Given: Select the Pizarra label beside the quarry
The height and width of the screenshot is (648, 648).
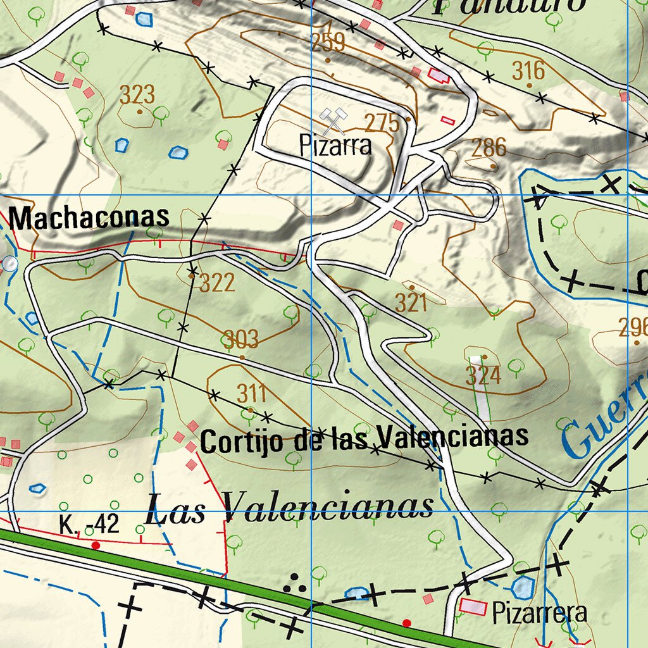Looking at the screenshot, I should pyautogui.click(x=335, y=146).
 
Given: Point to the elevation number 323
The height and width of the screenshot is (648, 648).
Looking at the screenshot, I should pyautogui.click(x=137, y=96).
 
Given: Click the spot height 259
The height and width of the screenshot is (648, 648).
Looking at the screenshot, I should pyautogui.click(x=328, y=43).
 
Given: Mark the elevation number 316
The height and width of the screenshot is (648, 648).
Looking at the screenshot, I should pyautogui.click(x=528, y=70).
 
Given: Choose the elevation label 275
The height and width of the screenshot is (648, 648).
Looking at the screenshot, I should pyautogui.click(x=382, y=123).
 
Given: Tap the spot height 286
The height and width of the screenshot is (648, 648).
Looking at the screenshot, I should pyautogui.click(x=489, y=148).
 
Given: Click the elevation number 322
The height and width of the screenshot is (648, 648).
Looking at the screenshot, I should pyautogui.click(x=217, y=283).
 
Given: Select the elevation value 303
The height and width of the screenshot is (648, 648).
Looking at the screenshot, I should pyautogui.click(x=241, y=340).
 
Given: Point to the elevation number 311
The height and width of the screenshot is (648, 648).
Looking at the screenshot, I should pyautogui.click(x=252, y=394).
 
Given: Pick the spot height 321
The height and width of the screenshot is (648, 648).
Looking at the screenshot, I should pyautogui.click(x=411, y=303).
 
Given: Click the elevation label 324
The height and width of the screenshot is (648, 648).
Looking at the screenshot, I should pyautogui.click(x=483, y=376).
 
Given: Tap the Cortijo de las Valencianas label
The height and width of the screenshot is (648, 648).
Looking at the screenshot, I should pyautogui.click(x=364, y=438).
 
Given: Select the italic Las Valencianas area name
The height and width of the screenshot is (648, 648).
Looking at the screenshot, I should pyautogui.click(x=289, y=508).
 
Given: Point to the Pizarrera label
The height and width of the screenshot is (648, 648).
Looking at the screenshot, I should pyautogui.click(x=540, y=613).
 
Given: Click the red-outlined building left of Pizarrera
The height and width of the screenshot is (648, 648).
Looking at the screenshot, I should pyautogui.click(x=473, y=606).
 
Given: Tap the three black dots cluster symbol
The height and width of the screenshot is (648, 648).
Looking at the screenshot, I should pyautogui.click(x=294, y=585).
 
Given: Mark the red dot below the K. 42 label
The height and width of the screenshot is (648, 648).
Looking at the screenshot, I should pyautogui.click(x=96, y=545).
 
